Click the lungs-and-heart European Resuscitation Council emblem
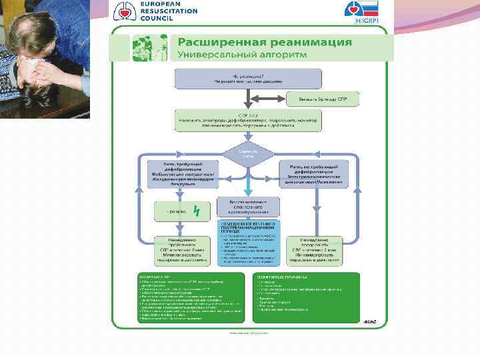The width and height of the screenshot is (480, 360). click(x=124, y=11)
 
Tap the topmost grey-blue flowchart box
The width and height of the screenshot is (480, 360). click(x=248, y=79)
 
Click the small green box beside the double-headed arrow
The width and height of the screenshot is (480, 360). click(x=323, y=99)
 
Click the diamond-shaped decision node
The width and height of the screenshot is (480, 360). click(x=249, y=153)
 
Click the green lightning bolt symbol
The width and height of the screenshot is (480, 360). click(x=196, y=211)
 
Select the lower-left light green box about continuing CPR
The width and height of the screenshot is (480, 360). click(x=177, y=248)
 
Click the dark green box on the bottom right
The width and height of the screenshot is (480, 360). click(x=306, y=297)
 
